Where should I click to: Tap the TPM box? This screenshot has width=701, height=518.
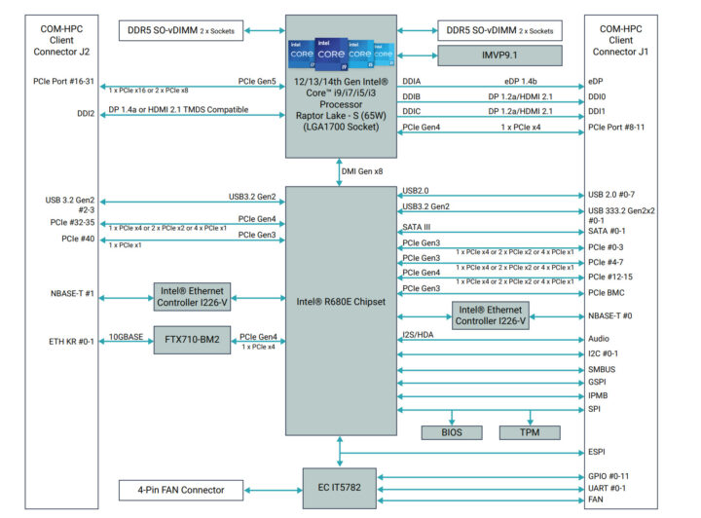(529, 431)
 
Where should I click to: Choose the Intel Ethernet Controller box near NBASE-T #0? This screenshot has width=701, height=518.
(490, 314)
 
